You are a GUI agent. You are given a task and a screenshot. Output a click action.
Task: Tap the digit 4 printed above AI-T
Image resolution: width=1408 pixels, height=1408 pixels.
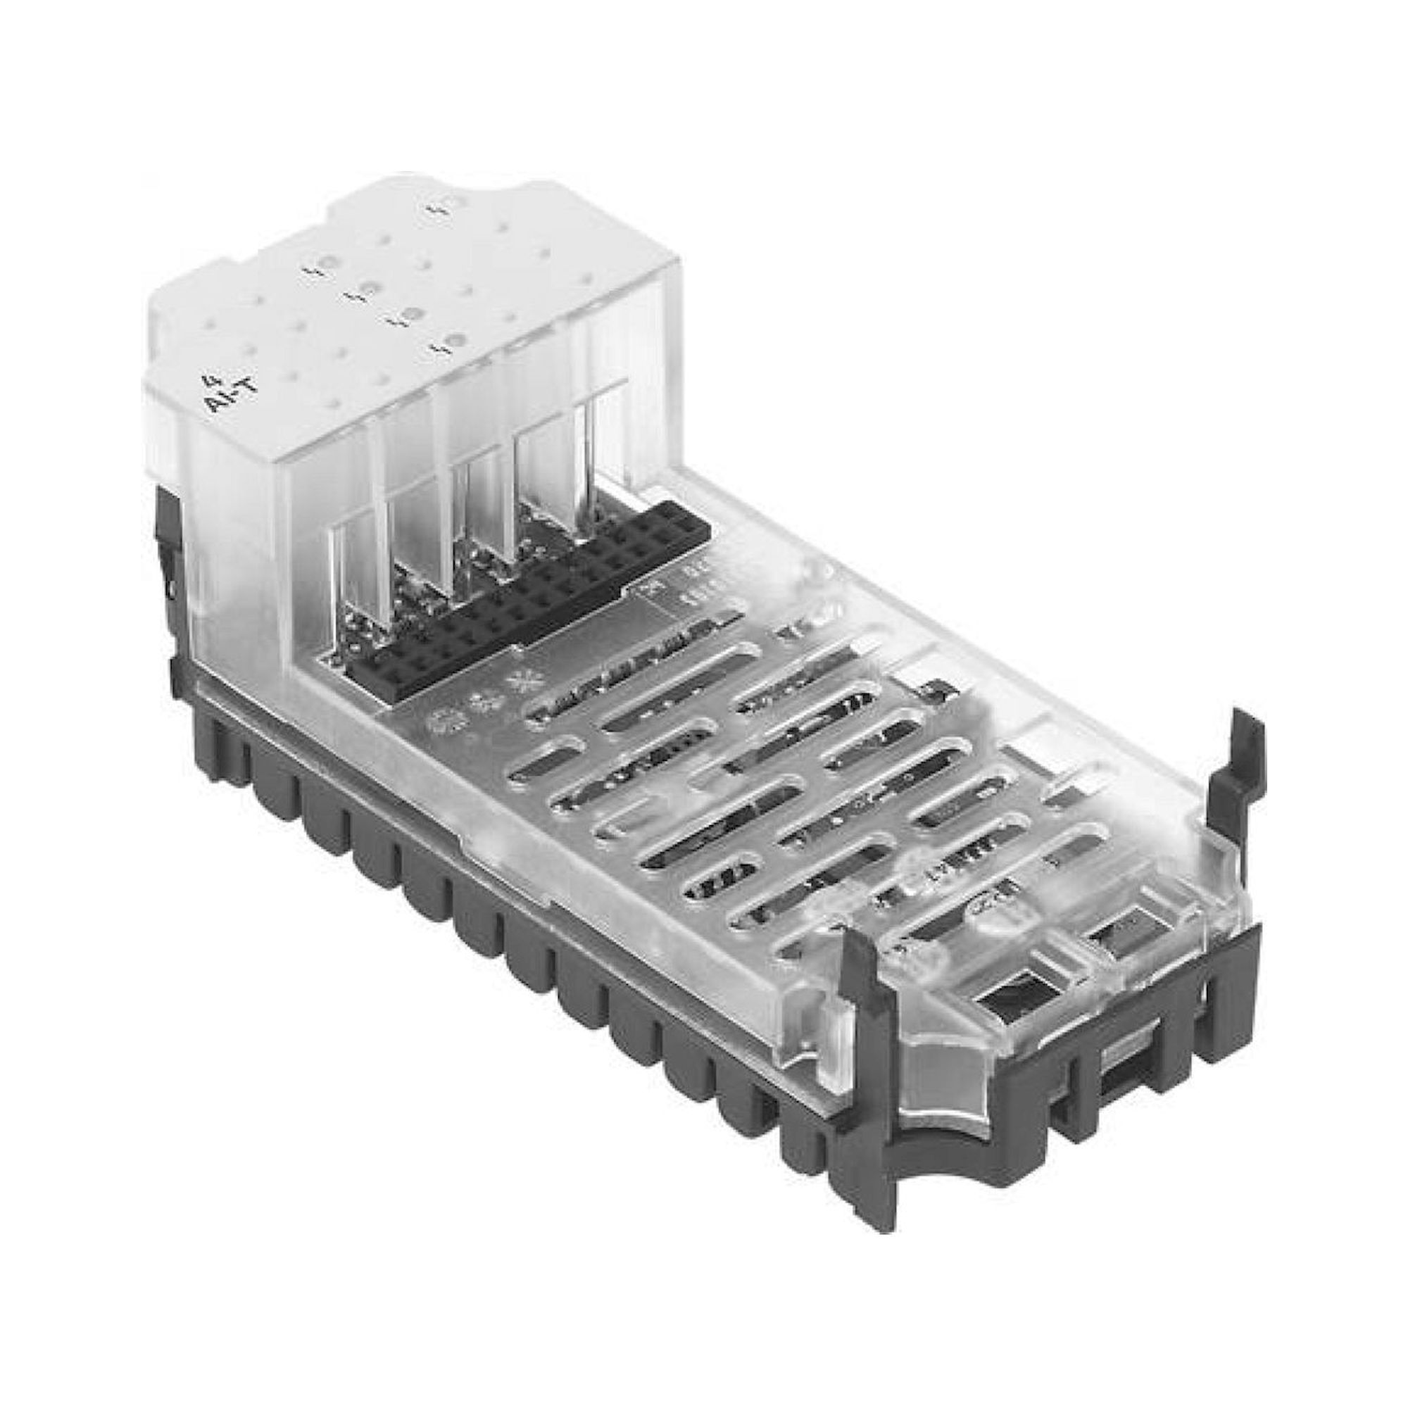click(x=206, y=379)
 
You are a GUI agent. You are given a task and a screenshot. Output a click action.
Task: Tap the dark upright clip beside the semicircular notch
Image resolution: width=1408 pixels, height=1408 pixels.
click(x=868, y=1020)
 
